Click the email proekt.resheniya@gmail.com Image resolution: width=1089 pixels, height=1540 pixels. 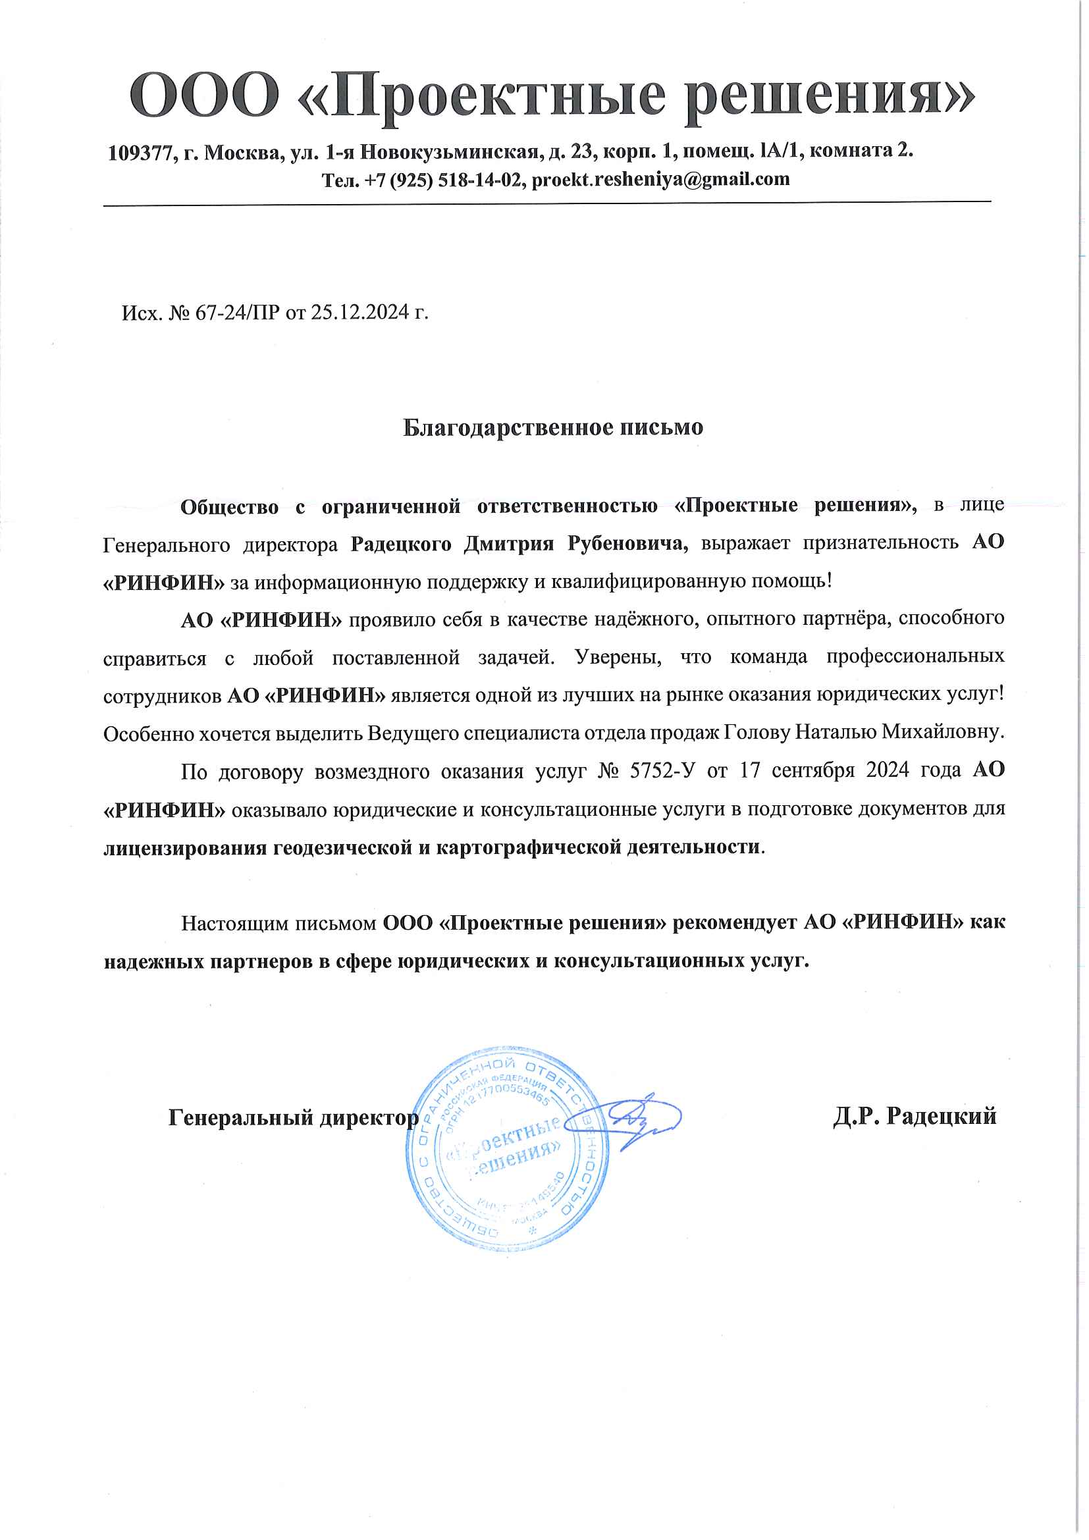(660, 180)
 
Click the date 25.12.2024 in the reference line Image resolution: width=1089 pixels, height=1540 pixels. (359, 313)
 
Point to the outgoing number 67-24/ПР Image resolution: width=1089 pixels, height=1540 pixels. (238, 313)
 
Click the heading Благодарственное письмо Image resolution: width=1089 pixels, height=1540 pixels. (552, 427)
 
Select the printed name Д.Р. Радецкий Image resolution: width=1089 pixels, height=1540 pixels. (915, 1117)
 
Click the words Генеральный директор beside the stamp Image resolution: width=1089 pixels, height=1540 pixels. (293, 1117)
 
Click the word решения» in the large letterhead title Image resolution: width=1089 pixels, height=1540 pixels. (832, 95)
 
